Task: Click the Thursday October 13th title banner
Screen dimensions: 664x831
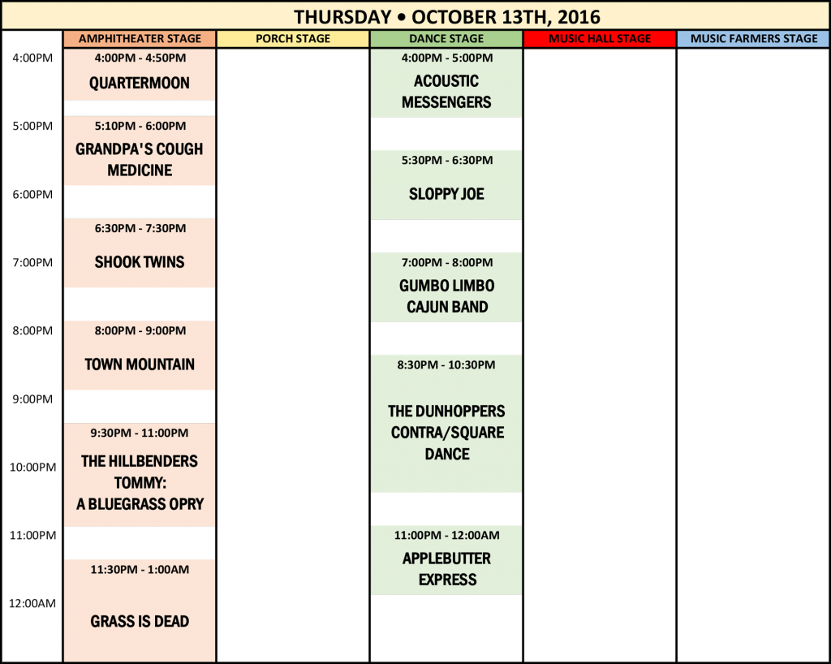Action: coord(446,16)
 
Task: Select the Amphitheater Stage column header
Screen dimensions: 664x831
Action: coord(140,39)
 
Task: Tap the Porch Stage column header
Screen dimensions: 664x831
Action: coord(293,39)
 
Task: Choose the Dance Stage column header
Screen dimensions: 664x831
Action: coord(446,39)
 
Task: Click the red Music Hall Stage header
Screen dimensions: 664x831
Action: coord(600,39)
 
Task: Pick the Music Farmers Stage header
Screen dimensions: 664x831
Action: coord(754,39)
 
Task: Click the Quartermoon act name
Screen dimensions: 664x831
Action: coord(140,83)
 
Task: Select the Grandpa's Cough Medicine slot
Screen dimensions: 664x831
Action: coord(140,159)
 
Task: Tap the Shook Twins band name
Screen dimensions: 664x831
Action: coord(140,262)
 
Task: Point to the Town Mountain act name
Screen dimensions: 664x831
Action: coord(140,364)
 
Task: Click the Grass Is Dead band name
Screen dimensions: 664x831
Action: coord(140,622)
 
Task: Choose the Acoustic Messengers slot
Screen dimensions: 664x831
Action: coord(446,92)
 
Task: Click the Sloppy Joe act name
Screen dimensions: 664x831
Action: coord(446,194)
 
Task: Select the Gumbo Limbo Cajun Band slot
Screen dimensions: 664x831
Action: coord(446,296)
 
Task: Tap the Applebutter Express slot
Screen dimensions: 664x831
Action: coord(446,569)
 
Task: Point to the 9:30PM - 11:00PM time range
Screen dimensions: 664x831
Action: coord(140,433)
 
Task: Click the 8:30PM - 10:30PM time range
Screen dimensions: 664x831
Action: coord(446,365)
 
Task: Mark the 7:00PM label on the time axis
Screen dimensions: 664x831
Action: coord(32,262)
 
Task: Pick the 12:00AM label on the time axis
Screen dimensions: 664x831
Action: coord(32,603)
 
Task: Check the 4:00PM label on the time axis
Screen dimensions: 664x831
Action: coord(32,58)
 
